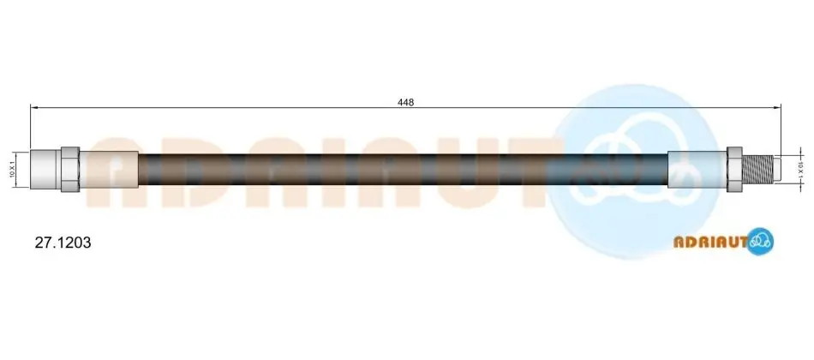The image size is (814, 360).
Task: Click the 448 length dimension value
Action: (x=405, y=102)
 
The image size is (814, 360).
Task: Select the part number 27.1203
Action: (x=63, y=242)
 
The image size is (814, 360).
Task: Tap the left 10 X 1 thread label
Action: (x=11, y=170)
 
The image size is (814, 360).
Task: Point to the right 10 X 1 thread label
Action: (x=800, y=170)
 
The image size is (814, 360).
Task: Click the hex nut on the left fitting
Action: (x=70, y=170)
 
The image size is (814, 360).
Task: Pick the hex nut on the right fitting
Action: (x=734, y=170)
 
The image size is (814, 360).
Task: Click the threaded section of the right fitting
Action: (x=757, y=170)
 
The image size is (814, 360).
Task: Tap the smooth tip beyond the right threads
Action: (x=777, y=170)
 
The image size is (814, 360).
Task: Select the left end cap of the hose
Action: (x=45, y=170)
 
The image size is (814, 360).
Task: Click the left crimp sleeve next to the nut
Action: (x=109, y=170)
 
